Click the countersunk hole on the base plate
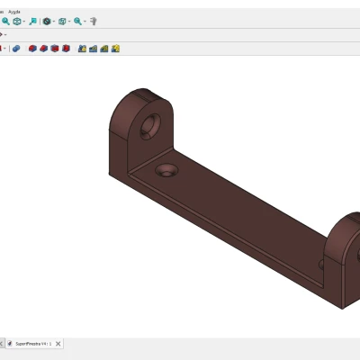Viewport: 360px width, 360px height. click(166, 169)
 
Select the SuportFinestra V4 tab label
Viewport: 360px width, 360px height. click(33, 343)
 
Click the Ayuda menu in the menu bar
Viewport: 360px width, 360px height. click(14, 11)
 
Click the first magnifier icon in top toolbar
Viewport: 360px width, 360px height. click(5, 21)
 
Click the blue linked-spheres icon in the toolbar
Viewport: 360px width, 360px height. click(16, 48)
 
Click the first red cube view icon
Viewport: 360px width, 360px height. click(32, 48)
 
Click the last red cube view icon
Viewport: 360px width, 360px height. click(67, 48)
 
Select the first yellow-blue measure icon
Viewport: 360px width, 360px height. click(82, 48)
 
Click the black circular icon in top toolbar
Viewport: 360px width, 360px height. click(47, 21)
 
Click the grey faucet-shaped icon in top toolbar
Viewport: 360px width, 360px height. click(94, 21)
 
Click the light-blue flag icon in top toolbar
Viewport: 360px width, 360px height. click(32, 21)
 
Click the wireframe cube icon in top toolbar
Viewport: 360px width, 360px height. click(62, 21)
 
